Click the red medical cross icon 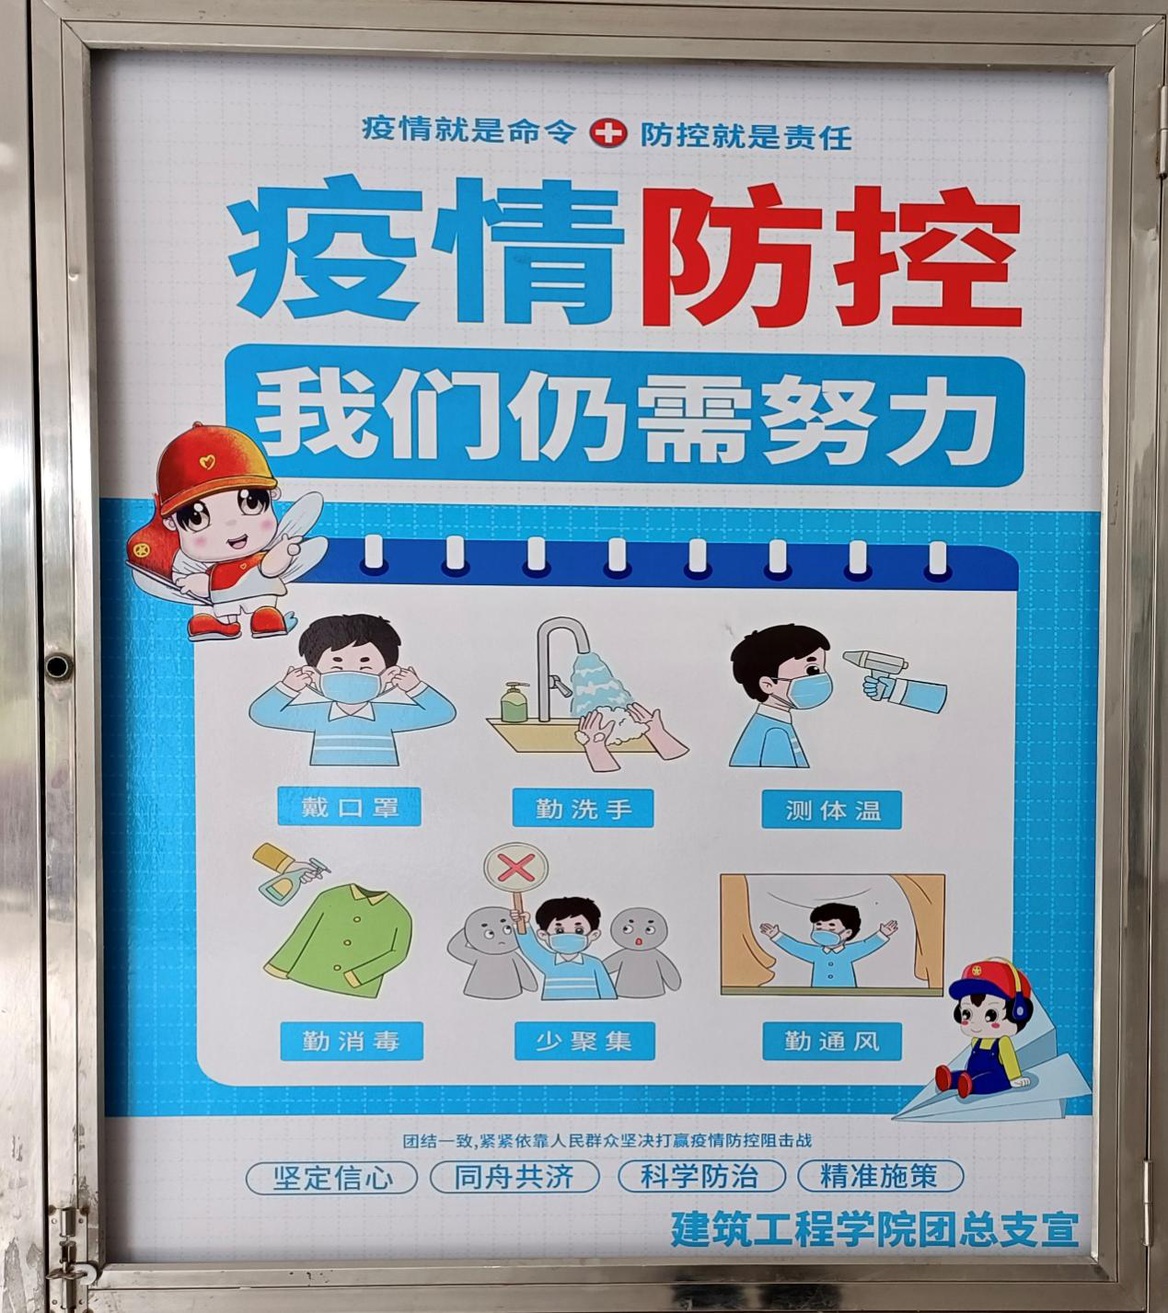click(608, 133)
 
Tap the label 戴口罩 click(350, 807)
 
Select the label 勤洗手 click(583, 808)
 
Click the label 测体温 click(832, 810)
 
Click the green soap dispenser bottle click(514, 703)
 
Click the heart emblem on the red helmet click(207, 462)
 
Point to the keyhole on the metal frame click(58, 665)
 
